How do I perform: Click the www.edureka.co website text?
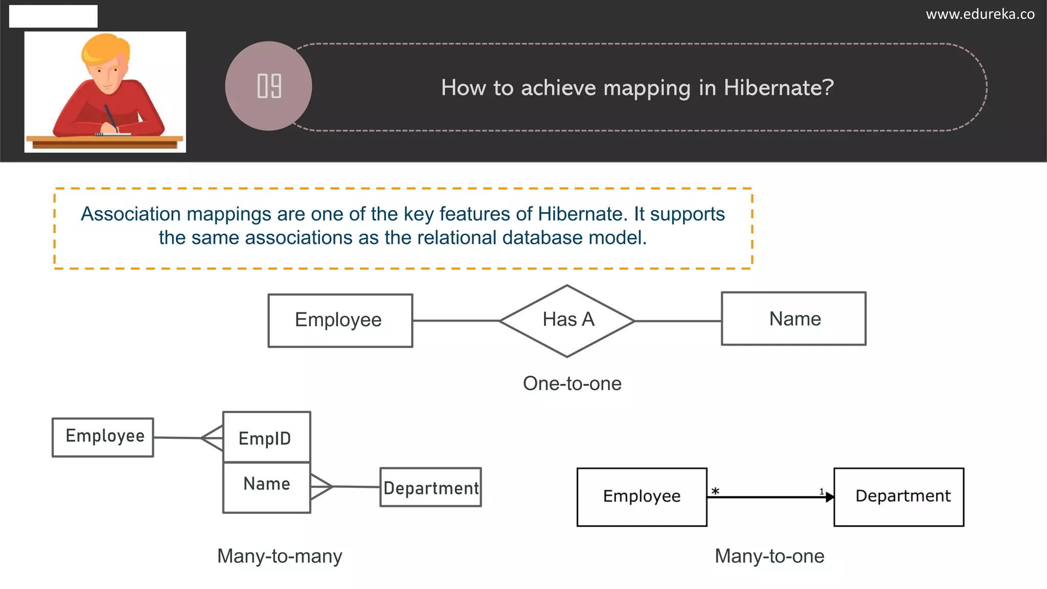[x=980, y=14]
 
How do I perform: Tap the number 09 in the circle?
[x=269, y=86]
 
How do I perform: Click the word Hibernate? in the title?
[x=779, y=88]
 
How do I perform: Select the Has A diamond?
[x=567, y=321]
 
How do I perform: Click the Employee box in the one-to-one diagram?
[x=340, y=321]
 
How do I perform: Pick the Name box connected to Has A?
[x=793, y=319]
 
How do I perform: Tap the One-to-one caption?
[x=572, y=383]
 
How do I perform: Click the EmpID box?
[x=266, y=438]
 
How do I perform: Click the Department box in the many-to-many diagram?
[x=430, y=487]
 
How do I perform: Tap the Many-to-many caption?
[x=280, y=556]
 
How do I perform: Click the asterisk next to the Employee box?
[x=715, y=491]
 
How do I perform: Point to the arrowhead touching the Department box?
[x=830, y=497]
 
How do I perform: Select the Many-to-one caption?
[x=769, y=556]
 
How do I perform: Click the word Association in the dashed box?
[x=131, y=214]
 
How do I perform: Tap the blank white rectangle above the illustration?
[x=53, y=16]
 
